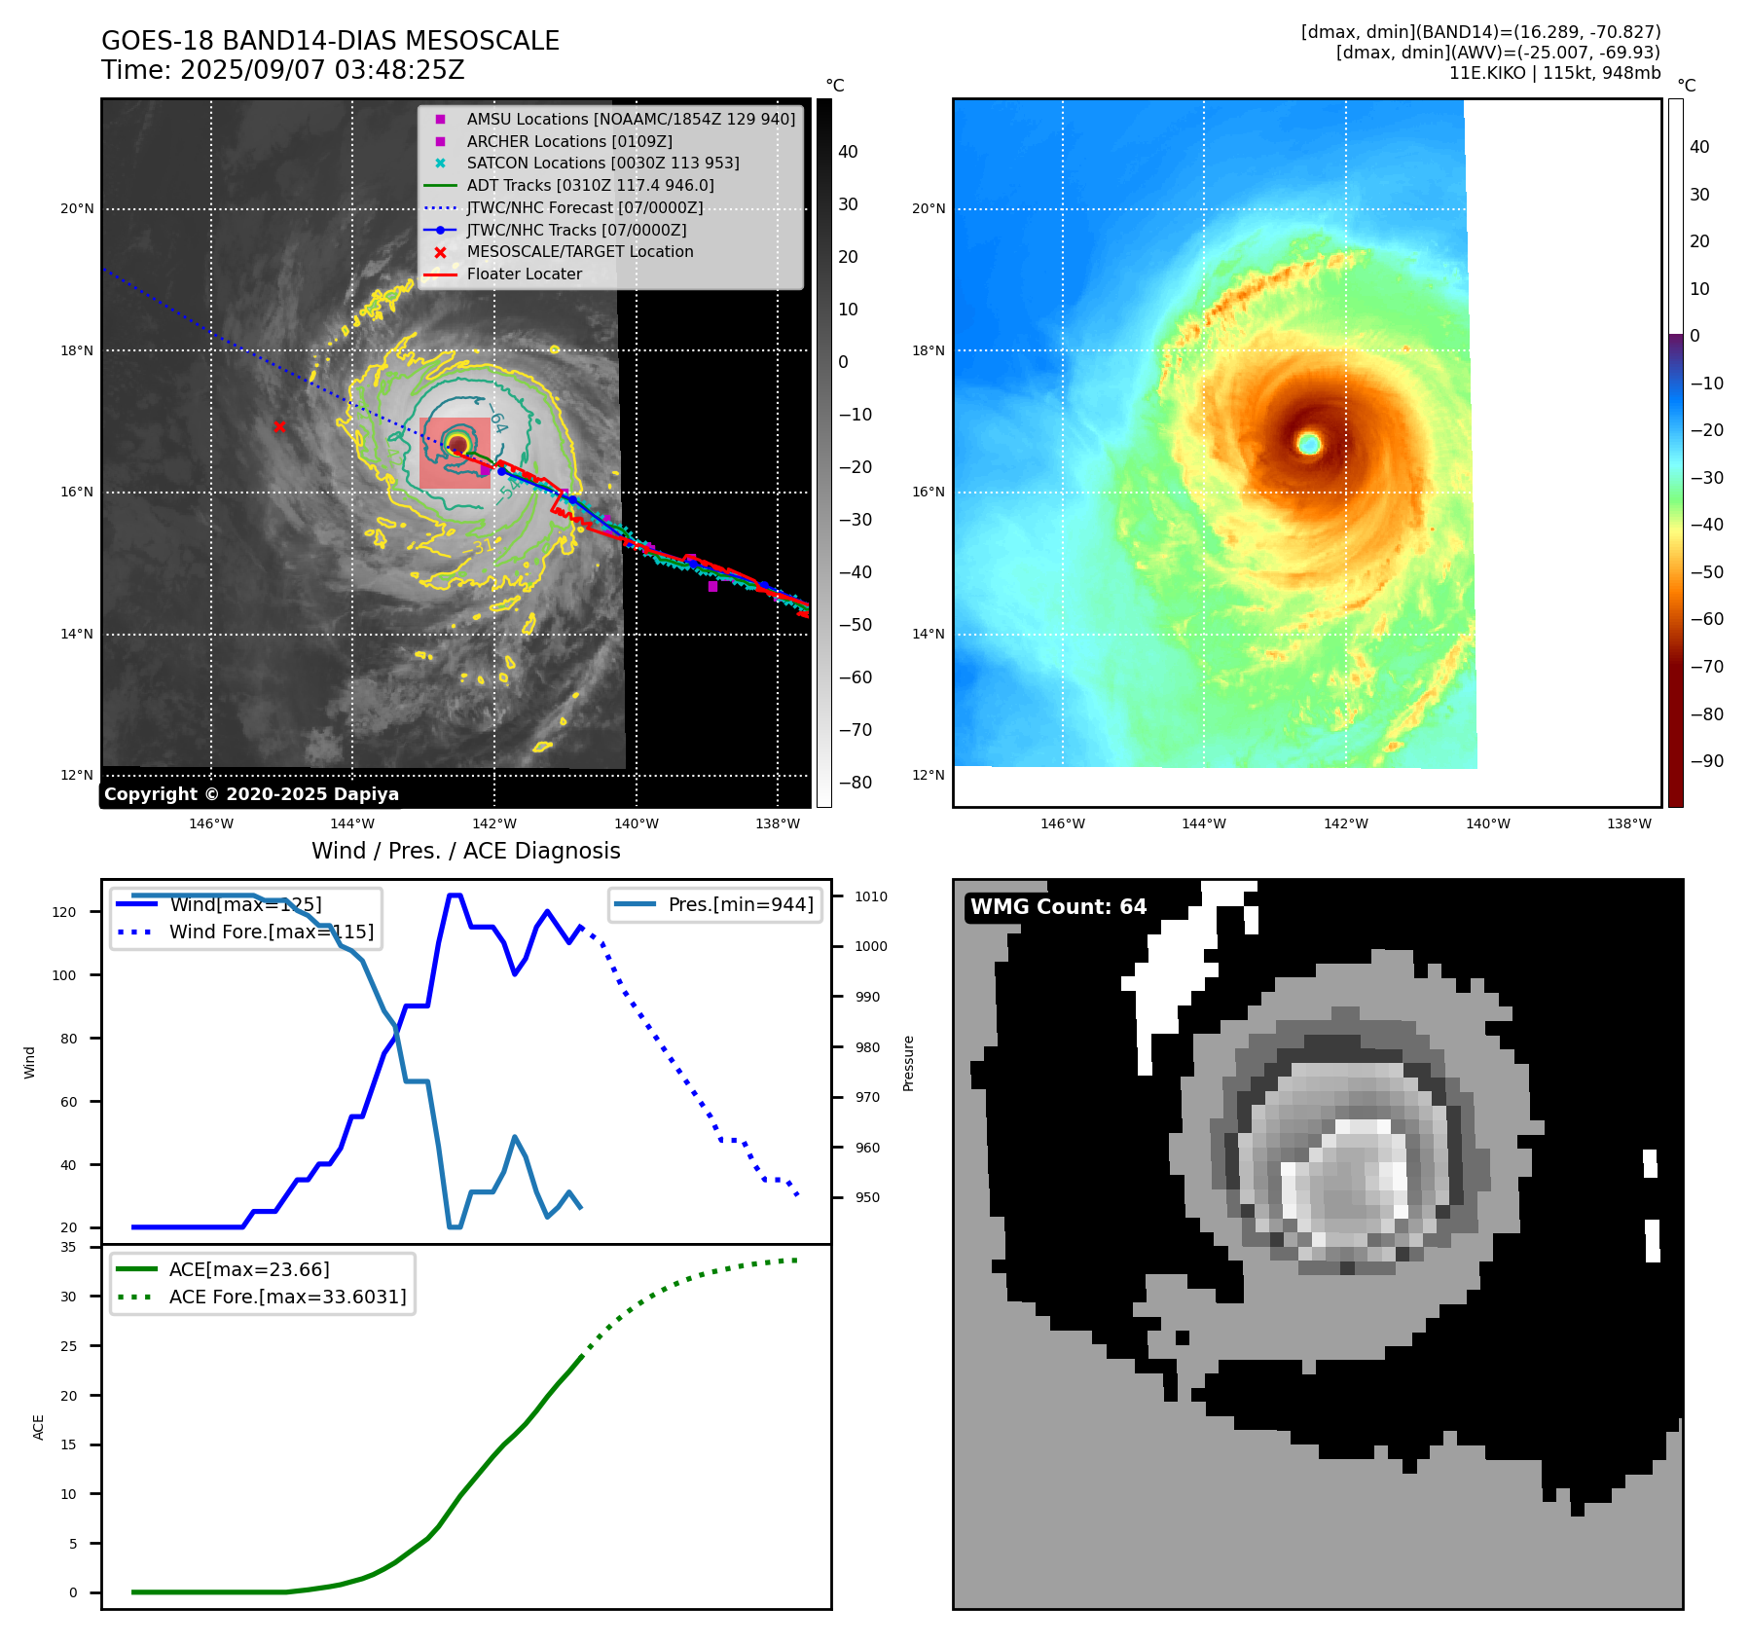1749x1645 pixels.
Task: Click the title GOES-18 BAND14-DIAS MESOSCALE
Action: point(330,41)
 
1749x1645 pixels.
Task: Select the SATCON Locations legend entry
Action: point(602,164)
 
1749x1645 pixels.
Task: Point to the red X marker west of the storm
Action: point(279,426)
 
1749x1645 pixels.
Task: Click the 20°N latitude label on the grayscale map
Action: point(78,208)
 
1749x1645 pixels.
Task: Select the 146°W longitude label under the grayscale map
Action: point(211,823)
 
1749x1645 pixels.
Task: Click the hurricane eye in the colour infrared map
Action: point(1309,444)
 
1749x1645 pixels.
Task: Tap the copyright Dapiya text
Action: point(251,794)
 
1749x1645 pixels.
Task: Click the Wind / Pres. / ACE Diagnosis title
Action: point(465,851)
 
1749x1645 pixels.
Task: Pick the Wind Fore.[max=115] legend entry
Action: point(271,932)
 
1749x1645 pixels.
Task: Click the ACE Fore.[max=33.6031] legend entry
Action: point(287,1297)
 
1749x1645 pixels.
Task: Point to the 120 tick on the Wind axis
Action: point(64,912)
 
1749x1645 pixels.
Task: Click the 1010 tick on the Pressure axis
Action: point(871,896)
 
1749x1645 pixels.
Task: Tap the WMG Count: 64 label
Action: point(1058,907)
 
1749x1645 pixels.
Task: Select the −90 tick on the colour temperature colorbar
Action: point(1706,761)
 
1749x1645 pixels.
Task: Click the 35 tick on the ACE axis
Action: point(68,1247)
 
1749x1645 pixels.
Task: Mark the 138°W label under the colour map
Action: point(1628,823)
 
